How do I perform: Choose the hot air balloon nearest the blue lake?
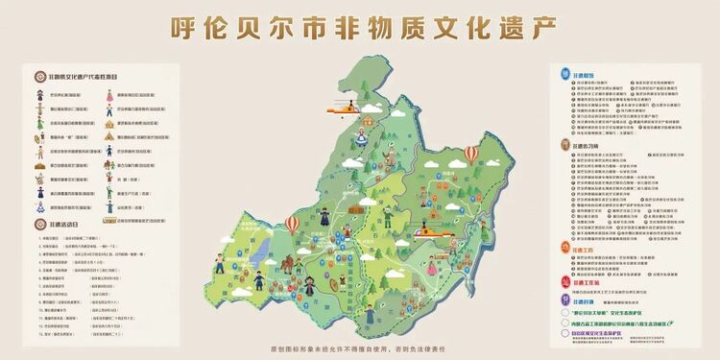292,225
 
